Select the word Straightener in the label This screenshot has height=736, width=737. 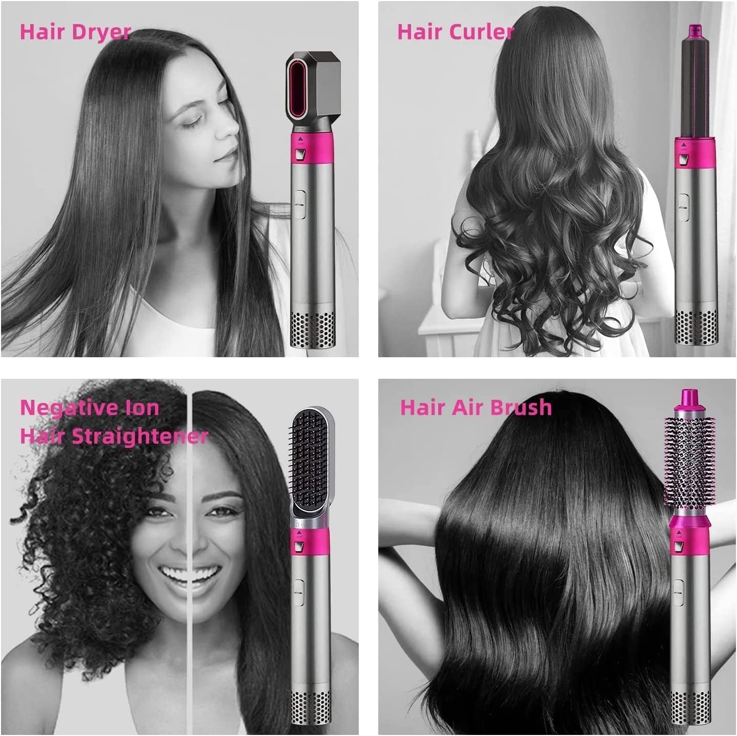[139, 436]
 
